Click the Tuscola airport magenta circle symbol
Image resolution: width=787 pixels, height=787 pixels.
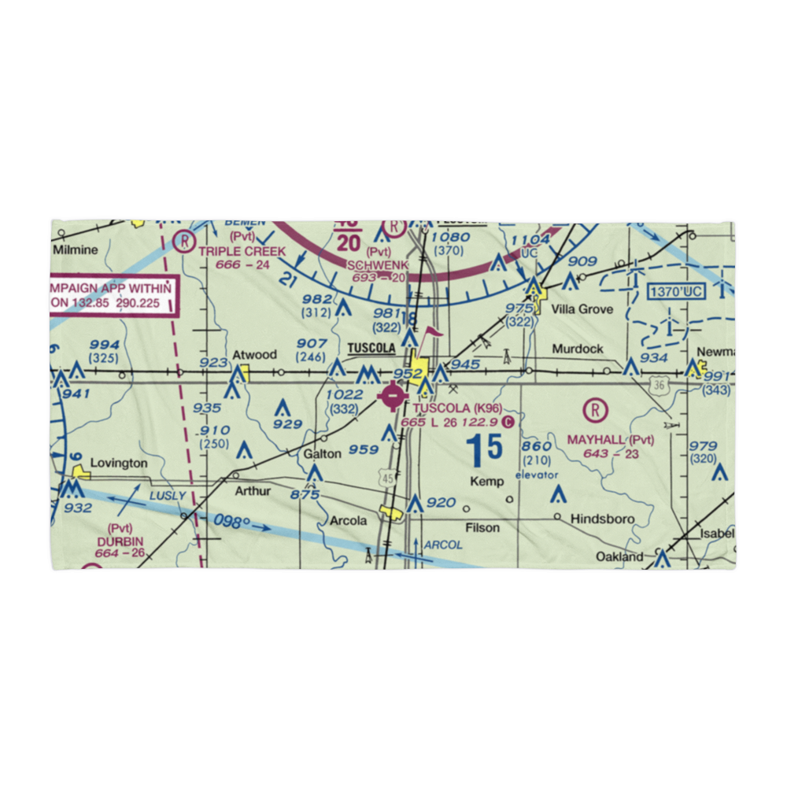392,397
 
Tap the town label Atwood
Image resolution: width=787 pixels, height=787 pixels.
254,356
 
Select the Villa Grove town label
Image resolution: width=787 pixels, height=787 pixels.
582,309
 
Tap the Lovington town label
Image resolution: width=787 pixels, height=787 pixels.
118,464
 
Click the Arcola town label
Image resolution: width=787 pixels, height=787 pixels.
348,521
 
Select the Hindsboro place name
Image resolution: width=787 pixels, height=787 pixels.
600,518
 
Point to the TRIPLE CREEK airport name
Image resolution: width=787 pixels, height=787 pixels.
242,250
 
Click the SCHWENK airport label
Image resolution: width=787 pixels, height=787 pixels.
378,266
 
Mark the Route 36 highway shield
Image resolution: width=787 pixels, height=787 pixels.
659,383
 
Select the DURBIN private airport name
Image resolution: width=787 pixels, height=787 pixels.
121,542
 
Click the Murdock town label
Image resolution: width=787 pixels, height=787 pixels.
578,349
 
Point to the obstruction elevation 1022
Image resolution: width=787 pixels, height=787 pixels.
345,394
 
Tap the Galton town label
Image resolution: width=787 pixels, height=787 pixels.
323,453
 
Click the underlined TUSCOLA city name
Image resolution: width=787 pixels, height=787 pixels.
371,349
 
